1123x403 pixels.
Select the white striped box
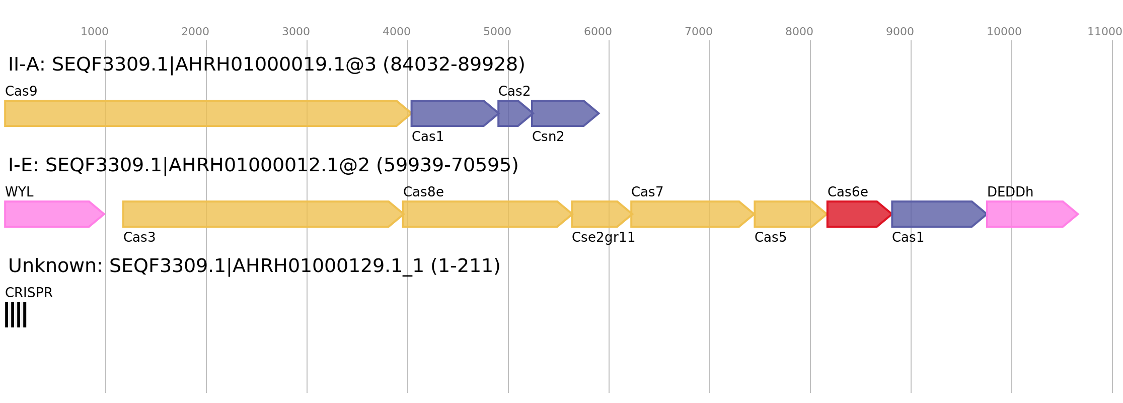pyautogui.click(x=16, y=315)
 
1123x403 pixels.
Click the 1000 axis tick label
pyautogui.click(x=95, y=32)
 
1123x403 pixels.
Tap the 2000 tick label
pyautogui.click(x=195, y=32)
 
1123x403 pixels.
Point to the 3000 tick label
pyautogui.click(x=296, y=32)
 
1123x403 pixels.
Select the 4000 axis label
pyautogui.click(x=397, y=32)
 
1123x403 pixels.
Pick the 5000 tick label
pyautogui.click(x=497, y=32)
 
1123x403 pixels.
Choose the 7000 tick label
pyautogui.click(x=699, y=32)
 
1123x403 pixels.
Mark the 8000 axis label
pyautogui.click(x=799, y=32)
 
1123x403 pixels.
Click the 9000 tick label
pyautogui.click(x=900, y=32)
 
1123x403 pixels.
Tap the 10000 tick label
pyautogui.click(x=1004, y=32)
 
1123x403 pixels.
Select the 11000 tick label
pyautogui.click(x=1105, y=32)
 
